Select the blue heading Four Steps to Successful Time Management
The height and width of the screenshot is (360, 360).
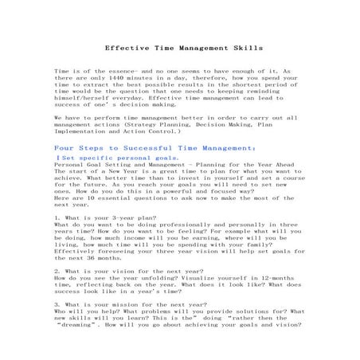click(x=143, y=147)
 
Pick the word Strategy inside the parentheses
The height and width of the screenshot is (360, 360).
click(x=139, y=125)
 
